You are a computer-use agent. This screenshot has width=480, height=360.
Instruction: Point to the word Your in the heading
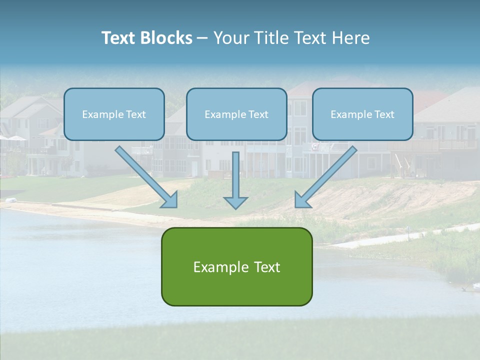point(230,38)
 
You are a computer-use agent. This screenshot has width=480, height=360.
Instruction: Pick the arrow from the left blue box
point(145,175)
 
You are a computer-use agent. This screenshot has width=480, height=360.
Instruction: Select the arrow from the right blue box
point(327,175)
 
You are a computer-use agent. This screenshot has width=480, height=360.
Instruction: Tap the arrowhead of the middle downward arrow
point(235,202)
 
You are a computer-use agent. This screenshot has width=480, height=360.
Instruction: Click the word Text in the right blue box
point(384,114)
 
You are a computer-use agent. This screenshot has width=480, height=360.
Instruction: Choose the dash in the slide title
point(202,38)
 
